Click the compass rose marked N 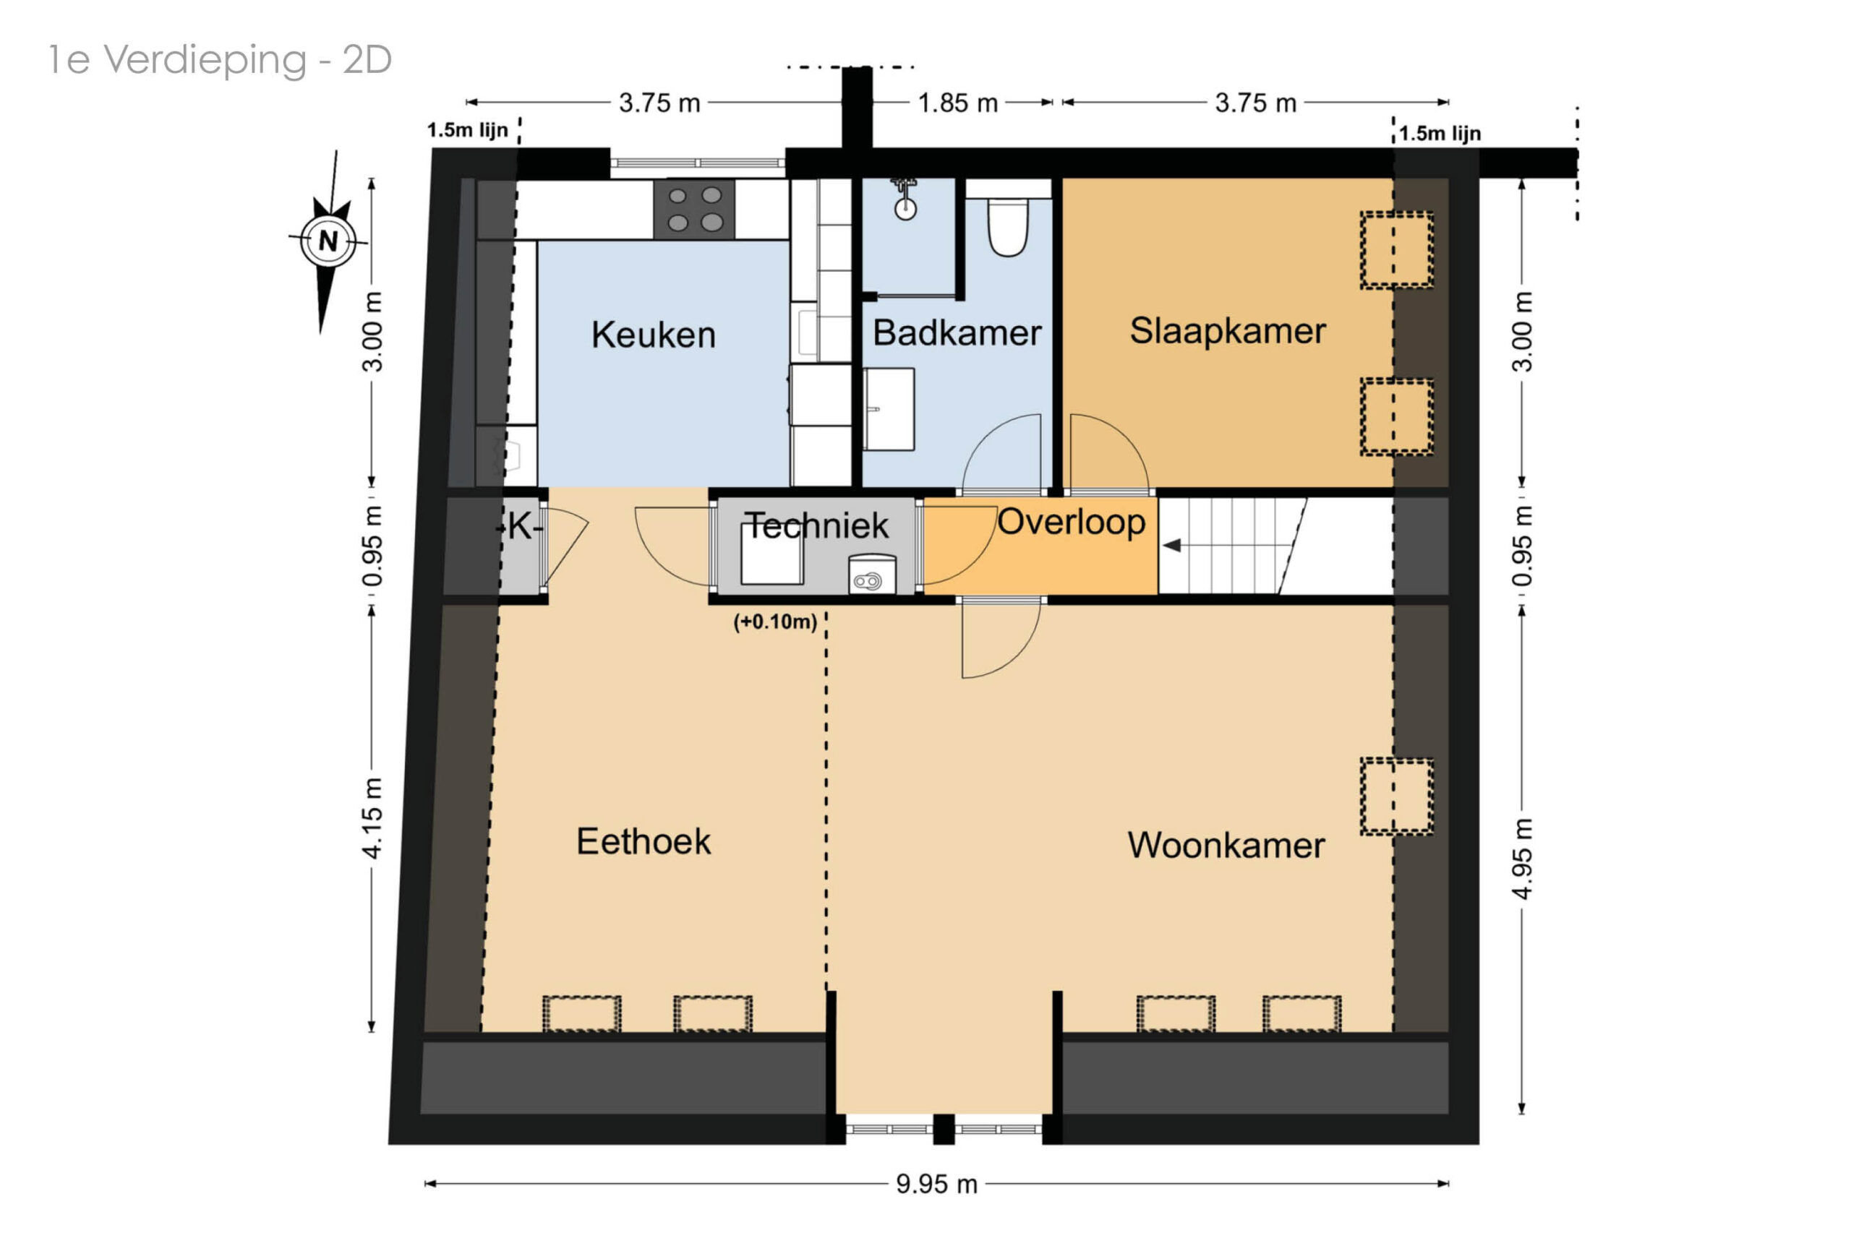tap(328, 241)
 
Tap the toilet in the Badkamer tap(1008, 225)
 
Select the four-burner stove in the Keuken tap(695, 209)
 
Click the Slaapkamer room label tap(1227, 331)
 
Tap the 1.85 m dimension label tap(957, 103)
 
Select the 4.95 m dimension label tap(1523, 859)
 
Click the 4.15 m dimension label tap(372, 818)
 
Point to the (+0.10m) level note tap(775, 622)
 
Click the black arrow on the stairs tap(1172, 546)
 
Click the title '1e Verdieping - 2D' tap(220, 61)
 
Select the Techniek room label tap(816, 525)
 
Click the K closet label tap(520, 527)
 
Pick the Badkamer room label tap(957, 332)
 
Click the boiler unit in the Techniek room tap(871, 574)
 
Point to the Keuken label tap(653, 335)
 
